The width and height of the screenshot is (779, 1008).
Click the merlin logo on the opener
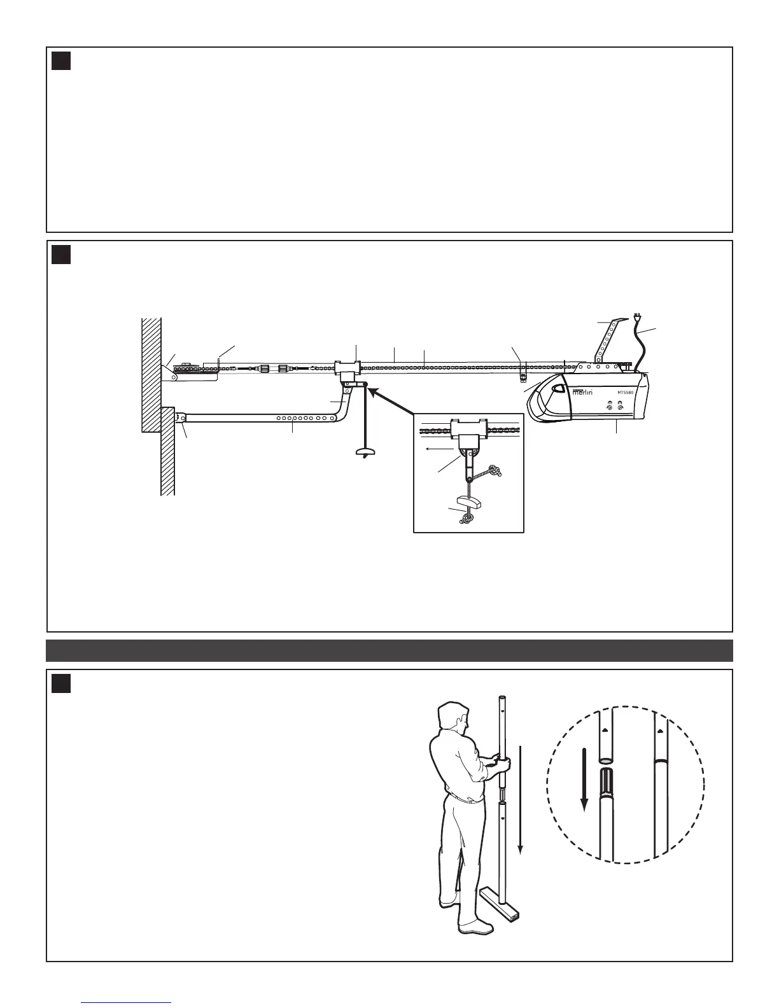(583, 392)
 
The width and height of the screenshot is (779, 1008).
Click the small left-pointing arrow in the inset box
(433, 448)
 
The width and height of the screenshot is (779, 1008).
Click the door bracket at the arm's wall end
(180, 419)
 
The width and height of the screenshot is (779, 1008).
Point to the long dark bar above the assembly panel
(389, 650)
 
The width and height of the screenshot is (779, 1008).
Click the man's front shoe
(476, 928)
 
